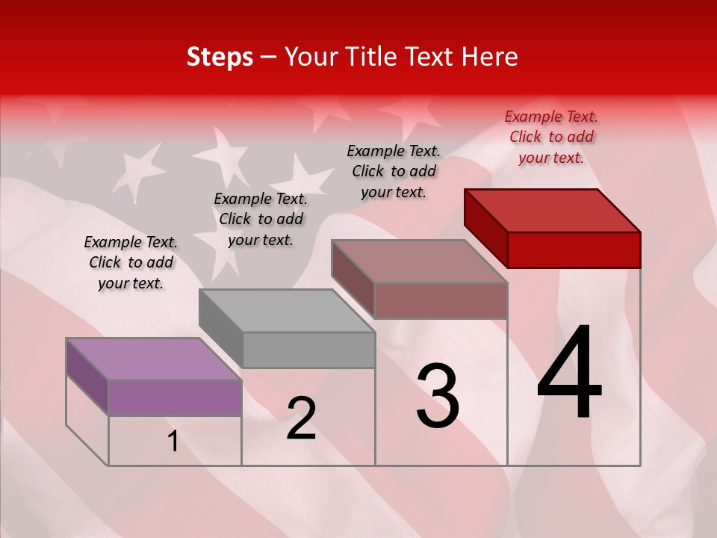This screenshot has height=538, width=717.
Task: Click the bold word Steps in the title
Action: point(220,57)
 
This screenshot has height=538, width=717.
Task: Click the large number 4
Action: point(569,374)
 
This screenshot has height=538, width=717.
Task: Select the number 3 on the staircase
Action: point(438,396)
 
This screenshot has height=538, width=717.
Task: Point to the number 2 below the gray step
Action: point(301,418)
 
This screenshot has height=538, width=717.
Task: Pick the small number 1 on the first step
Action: point(173,442)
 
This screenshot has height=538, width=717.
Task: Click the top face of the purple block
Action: point(154,359)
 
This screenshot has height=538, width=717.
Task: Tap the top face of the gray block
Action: point(287,310)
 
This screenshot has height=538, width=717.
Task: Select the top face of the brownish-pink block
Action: point(420,262)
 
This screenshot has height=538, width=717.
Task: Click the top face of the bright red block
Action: point(553,210)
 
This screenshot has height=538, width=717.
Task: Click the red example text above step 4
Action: point(551,137)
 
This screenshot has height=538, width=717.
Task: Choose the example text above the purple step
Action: point(131,262)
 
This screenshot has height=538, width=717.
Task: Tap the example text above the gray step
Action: point(261,219)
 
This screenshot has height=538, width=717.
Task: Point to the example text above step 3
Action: point(394,171)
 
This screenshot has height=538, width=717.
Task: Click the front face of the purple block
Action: point(175,398)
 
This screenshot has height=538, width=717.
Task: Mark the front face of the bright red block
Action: point(574,250)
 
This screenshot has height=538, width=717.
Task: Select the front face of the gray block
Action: point(308,350)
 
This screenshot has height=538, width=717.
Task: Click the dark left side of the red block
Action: point(485,227)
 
